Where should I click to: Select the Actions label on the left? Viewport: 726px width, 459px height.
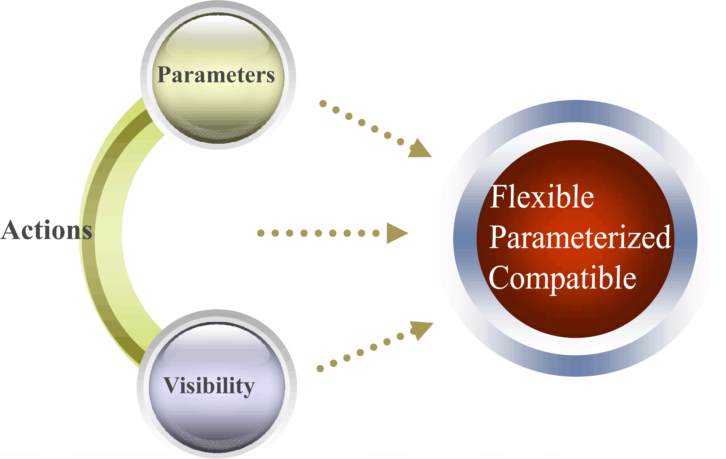(x=46, y=230)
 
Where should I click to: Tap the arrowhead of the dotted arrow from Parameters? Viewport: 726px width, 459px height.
(x=420, y=148)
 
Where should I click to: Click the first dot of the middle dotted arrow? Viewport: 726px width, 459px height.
(x=261, y=233)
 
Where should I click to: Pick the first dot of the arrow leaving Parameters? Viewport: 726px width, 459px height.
(x=323, y=104)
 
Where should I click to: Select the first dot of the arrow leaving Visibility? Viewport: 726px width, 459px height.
(x=320, y=369)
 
